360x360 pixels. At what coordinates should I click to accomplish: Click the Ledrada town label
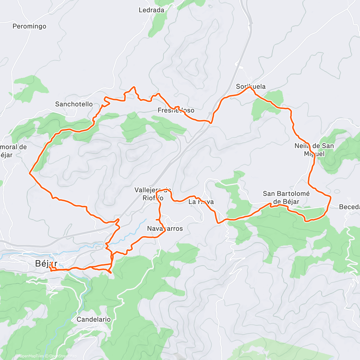[x=151, y=10]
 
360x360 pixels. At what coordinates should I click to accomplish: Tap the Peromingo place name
[x=29, y=26]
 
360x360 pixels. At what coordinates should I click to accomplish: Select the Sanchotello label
[x=74, y=104]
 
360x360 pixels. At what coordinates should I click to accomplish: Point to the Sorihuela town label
[x=251, y=86]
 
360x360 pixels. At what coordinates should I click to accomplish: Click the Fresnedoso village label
[x=176, y=110]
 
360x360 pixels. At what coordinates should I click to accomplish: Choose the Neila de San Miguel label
[x=314, y=150]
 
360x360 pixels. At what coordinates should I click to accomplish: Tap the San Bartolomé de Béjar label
[x=286, y=197]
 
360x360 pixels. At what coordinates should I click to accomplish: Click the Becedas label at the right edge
[x=349, y=207]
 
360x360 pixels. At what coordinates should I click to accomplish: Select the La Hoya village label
[x=201, y=202]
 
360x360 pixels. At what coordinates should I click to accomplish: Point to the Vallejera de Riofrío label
[x=153, y=194]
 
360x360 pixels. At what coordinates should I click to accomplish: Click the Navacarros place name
[x=165, y=229]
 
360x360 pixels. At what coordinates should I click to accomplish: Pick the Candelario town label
[x=94, y=319]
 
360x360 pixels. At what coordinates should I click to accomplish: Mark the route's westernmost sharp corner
[x=29, y=173]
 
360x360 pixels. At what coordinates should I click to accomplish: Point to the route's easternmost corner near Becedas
[x=331, y=197]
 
